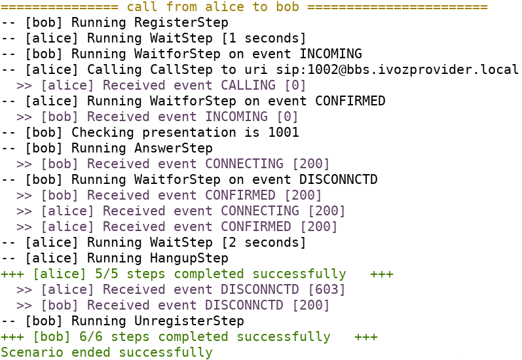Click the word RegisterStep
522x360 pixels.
181,22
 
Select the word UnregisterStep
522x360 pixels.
189,321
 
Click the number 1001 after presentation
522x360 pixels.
284,132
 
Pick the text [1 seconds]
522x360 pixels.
264,38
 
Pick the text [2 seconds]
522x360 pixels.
264,242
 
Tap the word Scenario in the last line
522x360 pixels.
31,352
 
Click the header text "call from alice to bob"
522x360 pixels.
212,7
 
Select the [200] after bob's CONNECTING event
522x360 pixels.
315,164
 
